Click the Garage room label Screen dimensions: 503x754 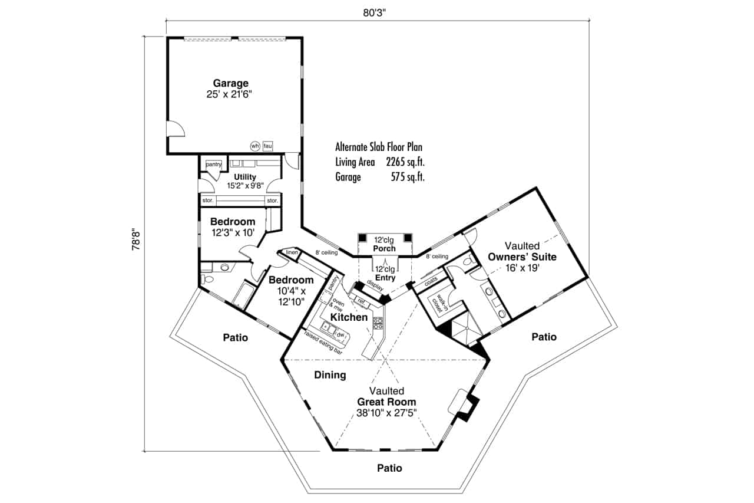click(230, 83)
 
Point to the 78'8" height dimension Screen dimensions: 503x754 click(135, 244)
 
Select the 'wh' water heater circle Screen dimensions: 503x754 click(254, 146)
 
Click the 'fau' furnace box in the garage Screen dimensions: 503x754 click(268, 146)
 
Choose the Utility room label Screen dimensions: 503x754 click(244, 177)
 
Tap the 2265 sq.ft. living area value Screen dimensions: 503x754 click(405, 162)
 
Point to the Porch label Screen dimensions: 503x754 click(385, 248)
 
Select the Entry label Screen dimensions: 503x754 click(385, 278)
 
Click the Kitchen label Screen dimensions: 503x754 click(349, 317)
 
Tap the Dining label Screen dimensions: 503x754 click(330, 375)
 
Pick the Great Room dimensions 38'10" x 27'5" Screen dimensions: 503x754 click(386, 413)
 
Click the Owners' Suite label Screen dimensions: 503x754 click(522, 257)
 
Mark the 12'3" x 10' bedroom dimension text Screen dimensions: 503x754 click(233, 232)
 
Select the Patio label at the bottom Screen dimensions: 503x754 click(389, 468)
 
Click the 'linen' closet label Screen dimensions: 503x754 click(292, 253)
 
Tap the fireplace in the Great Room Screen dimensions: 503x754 click(467, 405)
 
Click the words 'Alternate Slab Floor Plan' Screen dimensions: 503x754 click(379, 147)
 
